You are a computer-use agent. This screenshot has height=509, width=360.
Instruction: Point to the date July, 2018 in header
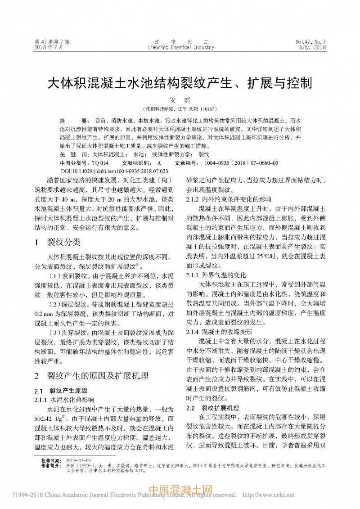[x=311, y=48]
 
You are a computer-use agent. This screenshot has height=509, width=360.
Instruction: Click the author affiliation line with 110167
[x=180, y=109]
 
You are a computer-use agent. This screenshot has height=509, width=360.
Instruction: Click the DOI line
[x=114, y=171]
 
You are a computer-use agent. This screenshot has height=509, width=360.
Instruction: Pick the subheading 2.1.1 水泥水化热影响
[x=65, y=399]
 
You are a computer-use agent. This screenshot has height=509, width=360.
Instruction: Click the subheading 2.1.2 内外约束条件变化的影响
[x=229, y=198]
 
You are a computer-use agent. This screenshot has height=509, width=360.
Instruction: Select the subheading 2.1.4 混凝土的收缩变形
[x=219, y=331]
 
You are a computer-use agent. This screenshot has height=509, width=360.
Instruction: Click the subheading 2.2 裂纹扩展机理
[x=212, y=408]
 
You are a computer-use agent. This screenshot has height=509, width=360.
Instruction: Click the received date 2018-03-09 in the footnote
[x=78, y=460]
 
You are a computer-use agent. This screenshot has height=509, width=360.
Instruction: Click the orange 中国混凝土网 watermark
[x=180, y=490]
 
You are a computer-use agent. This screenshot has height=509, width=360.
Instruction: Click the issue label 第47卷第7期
[x=52, y=42]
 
